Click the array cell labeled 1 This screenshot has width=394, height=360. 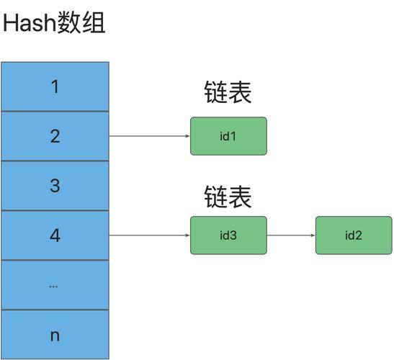pyautogui.click(x=55, y=87)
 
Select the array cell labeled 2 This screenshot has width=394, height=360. pyautogui.click(x=55, y=136)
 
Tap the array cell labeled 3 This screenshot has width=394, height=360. pyautogui.click(x=55, y=186)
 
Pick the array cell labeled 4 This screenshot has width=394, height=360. pyautogui.click(x=55, y=235)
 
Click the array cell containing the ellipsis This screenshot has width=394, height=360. pyautogui.click(x=55, y=285)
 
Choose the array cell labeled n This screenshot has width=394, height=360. pyautogui.click(x=55, y=335)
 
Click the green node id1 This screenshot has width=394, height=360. pyautogui.click(x=228, y=136)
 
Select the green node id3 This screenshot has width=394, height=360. pyautogui.click(x=228, y=235)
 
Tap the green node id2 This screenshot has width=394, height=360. pyautogui.click(x=353, y=235)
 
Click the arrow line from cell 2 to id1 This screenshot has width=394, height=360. pyautogui.click(x=148, y=136)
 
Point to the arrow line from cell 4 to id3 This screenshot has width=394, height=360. pyautogui.click(x=148, y=235)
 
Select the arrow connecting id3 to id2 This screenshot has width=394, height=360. pyautogui.click(x=290, y=235)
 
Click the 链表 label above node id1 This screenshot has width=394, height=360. pyautogui.click(x=228, y=93)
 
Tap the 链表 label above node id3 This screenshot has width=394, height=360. pyautogui.click(x=228, y=196)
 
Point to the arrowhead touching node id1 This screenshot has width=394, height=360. pyautogui.click(x=187, y=136)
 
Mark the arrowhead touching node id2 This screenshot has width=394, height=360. pyautogui.click(x=312, y=235)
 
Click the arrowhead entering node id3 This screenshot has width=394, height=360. pyautogui.click(x=187, y=235)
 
